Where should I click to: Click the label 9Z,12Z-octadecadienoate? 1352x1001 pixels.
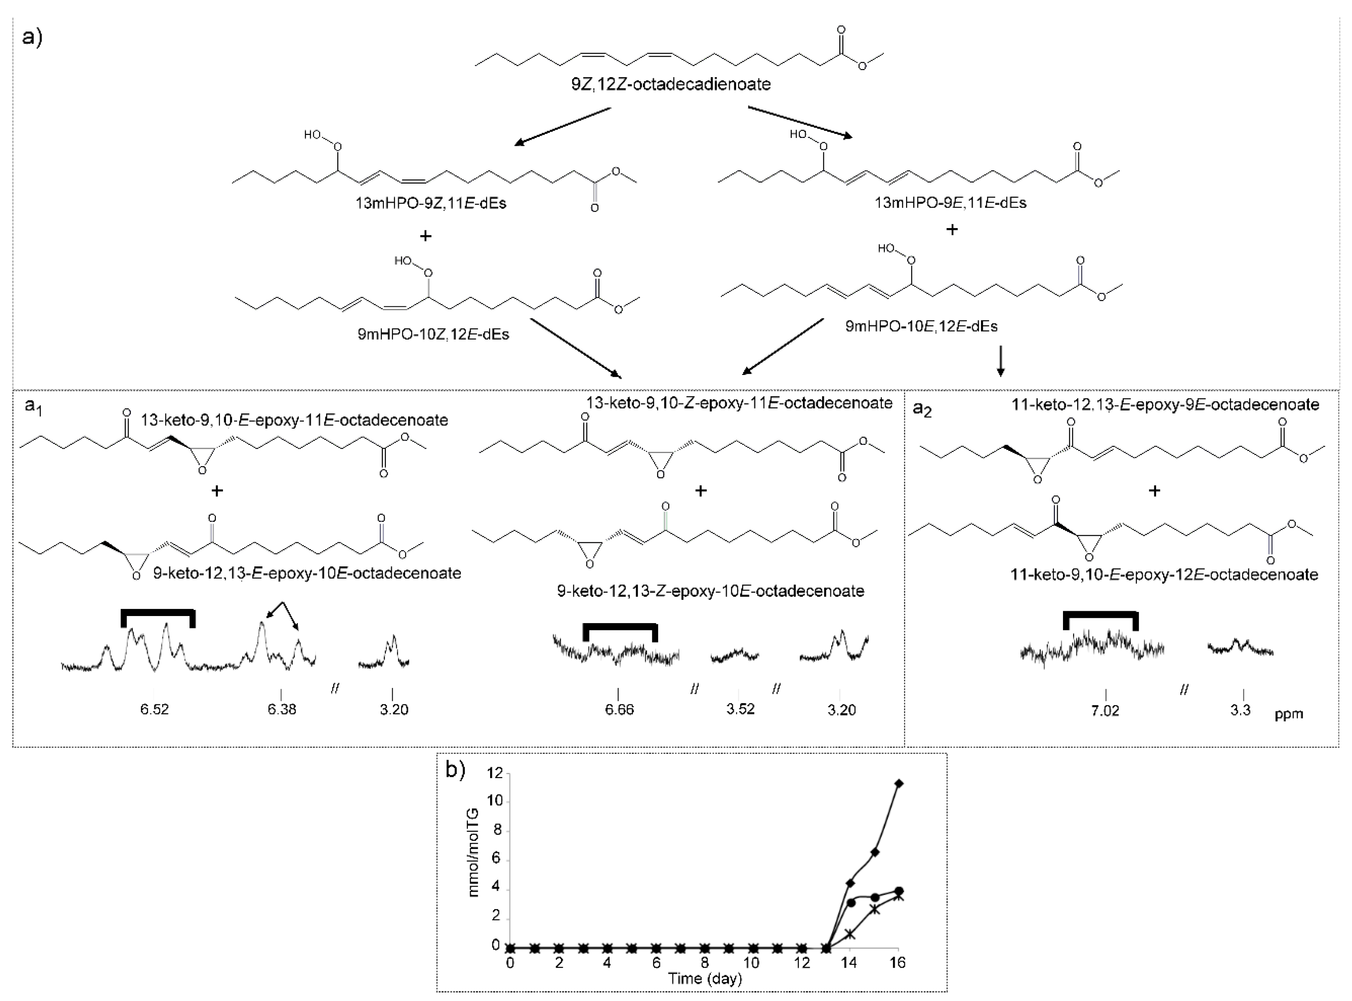[671, 84]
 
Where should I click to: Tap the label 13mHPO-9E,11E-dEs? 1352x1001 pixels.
[950, 203]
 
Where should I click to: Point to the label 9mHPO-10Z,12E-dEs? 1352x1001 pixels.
[433, 335]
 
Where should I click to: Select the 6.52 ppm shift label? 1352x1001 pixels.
[155, 709]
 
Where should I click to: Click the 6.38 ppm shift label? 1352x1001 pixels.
[282, 709]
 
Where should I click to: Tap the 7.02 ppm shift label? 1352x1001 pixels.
[1105, 711]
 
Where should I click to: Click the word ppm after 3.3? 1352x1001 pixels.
[1288, 714]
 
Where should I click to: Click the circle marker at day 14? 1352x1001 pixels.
[851, 903]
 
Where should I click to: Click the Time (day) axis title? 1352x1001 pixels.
[705, 978]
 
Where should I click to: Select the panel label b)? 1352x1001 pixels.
[456, 771]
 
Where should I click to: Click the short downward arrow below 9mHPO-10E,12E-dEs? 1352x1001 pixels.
[1001, 362]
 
